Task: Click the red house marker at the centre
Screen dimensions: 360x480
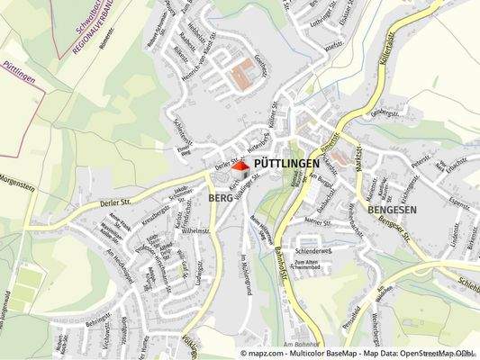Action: coord(240,166)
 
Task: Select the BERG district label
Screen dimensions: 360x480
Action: coord(221,197)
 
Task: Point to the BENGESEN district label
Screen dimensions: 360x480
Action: coord(392,209)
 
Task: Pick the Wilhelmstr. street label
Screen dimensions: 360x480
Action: coord(196,231)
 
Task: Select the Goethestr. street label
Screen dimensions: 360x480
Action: coord(263,64)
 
